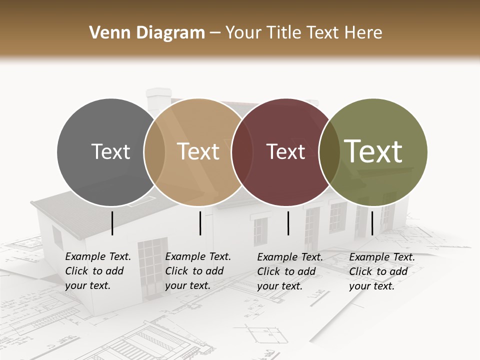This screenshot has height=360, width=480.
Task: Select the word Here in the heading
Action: coord(364,33)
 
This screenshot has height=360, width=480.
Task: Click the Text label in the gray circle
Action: coord(110,151)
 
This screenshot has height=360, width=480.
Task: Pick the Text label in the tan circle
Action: coord(198,151)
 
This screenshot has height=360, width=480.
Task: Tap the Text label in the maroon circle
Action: coord(285,151)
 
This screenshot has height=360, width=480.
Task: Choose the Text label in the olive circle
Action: coord(373,151)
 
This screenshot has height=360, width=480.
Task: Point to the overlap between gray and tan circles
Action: coord(154,151)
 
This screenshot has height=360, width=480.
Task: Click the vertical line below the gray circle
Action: coord(112,223)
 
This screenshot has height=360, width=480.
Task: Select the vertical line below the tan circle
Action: coord(200,223)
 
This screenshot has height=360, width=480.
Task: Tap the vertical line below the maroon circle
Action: coord(288,223)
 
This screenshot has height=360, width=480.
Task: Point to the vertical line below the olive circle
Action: coord(372,223)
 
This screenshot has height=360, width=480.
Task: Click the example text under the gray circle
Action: coord(97,271)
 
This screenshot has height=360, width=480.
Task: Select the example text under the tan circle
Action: coord(197,271)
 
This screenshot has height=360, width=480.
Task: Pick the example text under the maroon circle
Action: coord(289,271)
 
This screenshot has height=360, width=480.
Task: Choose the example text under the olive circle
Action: coord(381,271)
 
